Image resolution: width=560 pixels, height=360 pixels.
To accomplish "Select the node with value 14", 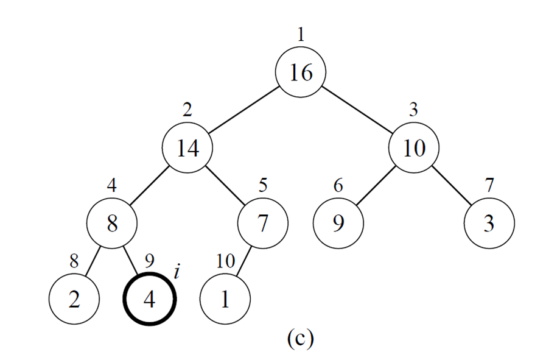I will pos(187,148).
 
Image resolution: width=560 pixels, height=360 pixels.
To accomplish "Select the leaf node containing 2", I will pos(74,299).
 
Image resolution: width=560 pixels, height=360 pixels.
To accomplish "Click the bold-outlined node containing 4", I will pos(150,299).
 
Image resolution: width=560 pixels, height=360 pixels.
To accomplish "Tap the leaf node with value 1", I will pos(225,299).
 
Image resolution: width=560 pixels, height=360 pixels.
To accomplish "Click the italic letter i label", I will pos(177,271).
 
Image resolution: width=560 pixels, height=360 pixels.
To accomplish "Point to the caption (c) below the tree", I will pos(300,339).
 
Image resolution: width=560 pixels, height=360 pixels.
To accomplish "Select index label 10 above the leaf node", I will pos(225,262).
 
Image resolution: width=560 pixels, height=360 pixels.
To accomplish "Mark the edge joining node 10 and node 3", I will pos(452,186).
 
